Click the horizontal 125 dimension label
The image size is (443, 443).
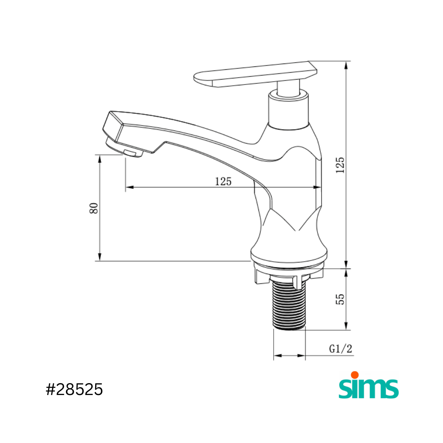(x=223, y=181)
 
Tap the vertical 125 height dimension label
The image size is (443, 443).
(x=340, y=165)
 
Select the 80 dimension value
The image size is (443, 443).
(x=94, y=208)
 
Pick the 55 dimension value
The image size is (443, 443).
(x=340, y=299)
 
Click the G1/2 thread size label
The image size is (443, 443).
(x=341, y=349)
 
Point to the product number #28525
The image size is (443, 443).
(x=74, y=390)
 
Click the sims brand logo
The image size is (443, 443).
(x=369, y=385)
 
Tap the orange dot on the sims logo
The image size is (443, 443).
(x=354, y=375)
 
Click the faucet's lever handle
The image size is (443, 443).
(x=256, y=74)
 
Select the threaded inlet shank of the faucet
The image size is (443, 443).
(x=289, y=305)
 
